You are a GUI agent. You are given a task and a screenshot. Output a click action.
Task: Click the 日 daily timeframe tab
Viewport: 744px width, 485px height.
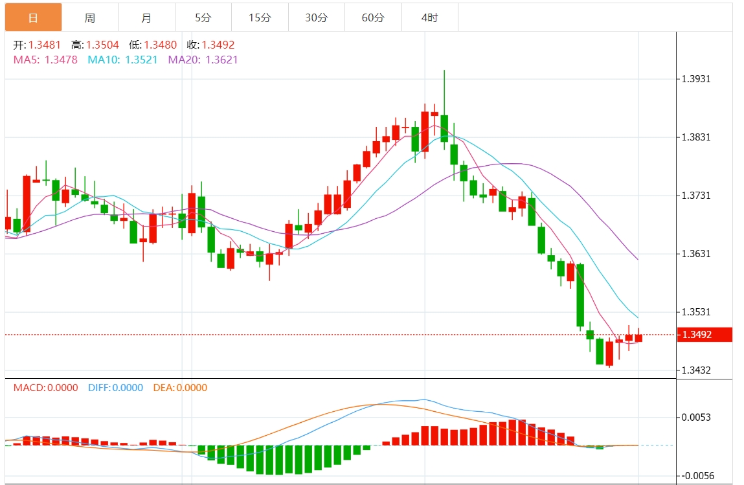coord(34,17)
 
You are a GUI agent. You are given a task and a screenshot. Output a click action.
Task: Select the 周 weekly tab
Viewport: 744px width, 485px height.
coord(89,17)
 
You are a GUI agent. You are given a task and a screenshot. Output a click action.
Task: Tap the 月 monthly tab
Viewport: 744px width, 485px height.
coord(146,17)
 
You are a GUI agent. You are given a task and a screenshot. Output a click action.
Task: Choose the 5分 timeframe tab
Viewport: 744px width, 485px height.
coord(203,17)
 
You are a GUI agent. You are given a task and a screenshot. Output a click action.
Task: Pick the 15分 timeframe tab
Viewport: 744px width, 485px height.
coord(260,17)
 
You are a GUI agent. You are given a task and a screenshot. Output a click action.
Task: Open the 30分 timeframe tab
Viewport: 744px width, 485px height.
coord(316,17)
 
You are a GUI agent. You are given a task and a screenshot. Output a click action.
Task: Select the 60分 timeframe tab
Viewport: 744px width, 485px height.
coord(373,17)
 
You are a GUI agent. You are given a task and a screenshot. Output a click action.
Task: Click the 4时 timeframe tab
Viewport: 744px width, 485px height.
coord(429,17)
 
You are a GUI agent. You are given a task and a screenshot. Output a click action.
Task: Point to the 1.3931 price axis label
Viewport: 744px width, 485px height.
coord(696,79)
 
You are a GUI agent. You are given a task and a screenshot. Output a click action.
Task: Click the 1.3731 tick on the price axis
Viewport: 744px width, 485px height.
coord(696,196)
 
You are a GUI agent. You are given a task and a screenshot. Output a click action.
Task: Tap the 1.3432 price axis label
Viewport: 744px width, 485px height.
coord(696,370)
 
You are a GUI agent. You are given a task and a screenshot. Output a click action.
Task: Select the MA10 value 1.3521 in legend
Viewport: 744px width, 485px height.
coord(141,60)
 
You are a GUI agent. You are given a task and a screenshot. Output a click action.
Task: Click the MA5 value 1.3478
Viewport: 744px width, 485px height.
coord(61,60)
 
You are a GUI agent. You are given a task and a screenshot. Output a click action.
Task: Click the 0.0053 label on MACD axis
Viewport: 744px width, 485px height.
coord(696,417)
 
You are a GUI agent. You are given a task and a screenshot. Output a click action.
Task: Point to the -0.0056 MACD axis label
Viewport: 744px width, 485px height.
coord(696,476)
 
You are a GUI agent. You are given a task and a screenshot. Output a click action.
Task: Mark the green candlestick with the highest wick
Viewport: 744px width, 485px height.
coord(444,128)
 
